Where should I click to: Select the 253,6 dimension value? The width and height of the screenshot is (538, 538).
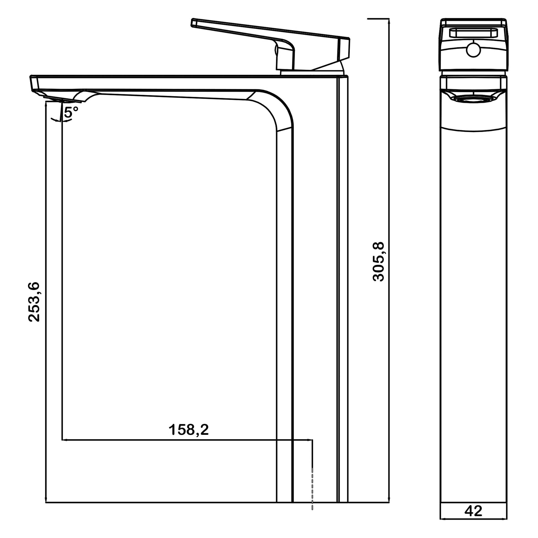click(x=34, y=302)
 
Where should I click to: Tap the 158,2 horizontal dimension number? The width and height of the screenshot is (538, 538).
click(x=189, y=430)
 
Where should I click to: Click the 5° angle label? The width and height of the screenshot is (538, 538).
click(x=71, y=112)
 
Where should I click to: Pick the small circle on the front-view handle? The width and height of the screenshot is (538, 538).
click(x=473, y=50)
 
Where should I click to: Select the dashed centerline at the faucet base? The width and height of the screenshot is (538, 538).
click(x=313, y=493)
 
